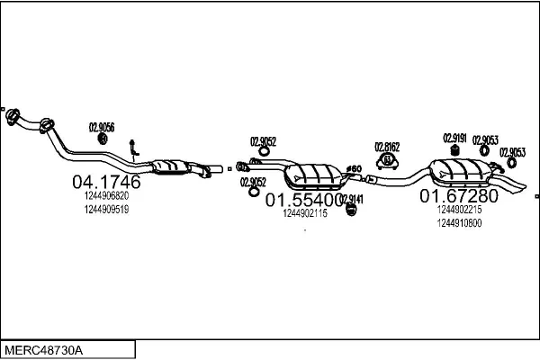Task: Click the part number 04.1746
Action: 105,182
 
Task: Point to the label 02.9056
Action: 101,127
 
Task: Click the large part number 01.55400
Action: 302,200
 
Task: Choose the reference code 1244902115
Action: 304,213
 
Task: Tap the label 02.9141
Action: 351,199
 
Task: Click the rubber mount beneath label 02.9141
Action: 353,210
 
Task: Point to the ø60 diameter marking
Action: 354,168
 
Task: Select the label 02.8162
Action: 388,147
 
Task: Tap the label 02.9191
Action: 454,138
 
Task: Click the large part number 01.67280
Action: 458,195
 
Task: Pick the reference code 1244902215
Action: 459,209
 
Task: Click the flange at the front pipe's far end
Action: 13,116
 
